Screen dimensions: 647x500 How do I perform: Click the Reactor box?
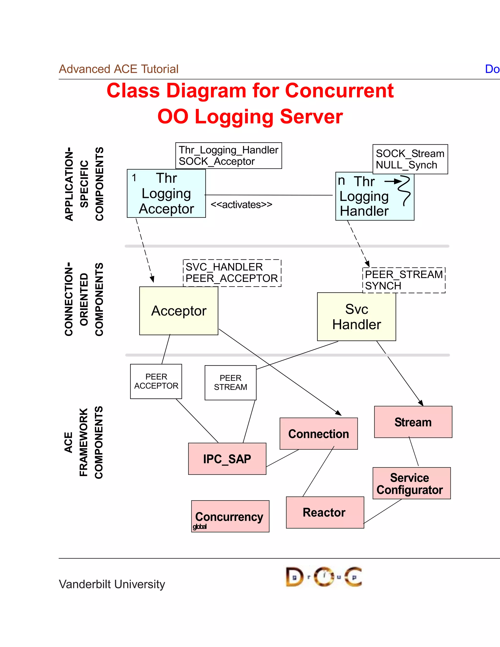325,512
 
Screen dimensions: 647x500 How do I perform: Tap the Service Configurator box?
411,483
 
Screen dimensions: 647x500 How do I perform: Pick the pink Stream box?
413,422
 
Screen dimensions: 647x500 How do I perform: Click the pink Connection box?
318,434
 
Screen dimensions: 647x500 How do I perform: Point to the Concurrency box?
230,516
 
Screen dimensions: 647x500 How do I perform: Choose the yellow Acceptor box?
179,311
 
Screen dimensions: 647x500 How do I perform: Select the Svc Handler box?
356,317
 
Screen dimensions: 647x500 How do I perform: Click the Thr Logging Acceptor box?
166,193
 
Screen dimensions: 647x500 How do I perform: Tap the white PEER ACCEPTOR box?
156,381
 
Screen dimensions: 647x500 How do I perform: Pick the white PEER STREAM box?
230,382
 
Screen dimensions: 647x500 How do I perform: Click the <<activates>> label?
241,205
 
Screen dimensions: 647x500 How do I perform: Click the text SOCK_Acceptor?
217,161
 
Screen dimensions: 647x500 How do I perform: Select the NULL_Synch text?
406,165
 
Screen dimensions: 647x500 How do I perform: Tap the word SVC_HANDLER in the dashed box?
224,267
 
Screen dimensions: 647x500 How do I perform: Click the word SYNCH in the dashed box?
383,286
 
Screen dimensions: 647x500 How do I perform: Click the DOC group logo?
324,577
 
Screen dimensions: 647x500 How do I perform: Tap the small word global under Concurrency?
200,526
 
